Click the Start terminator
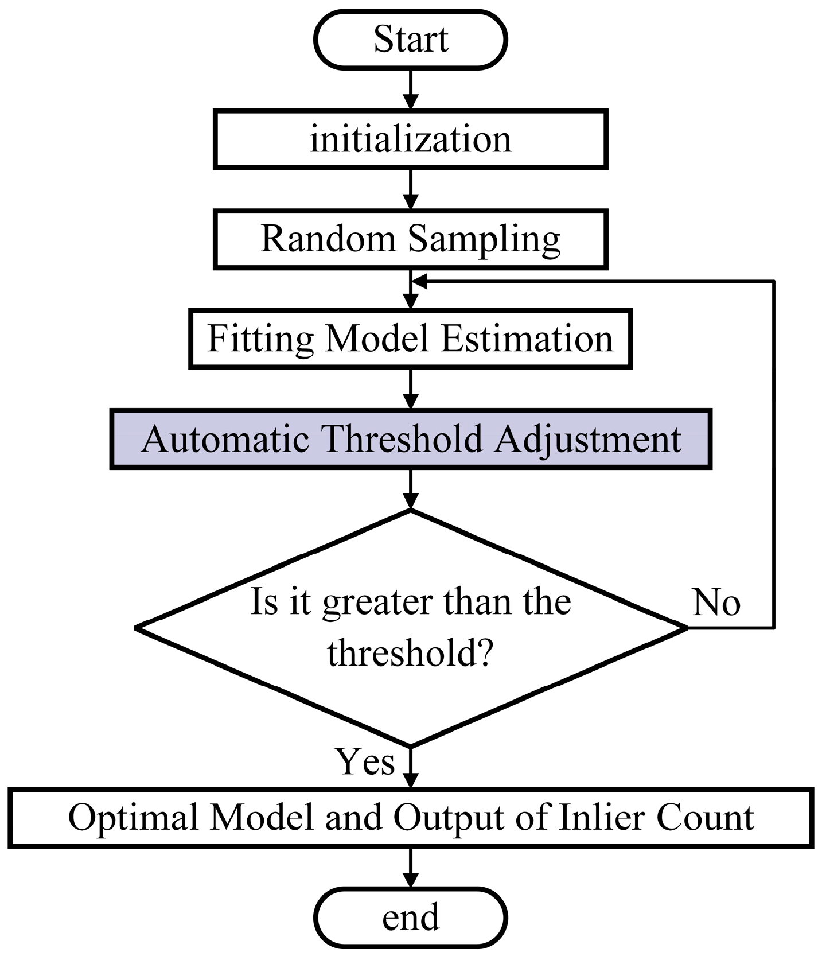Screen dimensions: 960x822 pos(411,40)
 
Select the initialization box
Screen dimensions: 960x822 pos(411,139)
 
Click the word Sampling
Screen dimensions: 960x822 pos(485,239)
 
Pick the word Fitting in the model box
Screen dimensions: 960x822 pos(260,339)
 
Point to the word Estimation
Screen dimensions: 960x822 pos(527,339)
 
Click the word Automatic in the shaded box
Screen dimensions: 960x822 pos(225,440)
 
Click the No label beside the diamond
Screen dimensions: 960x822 pos(716,603)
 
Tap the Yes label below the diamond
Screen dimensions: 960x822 pos(365,761)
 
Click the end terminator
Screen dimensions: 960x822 pos(411,917)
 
